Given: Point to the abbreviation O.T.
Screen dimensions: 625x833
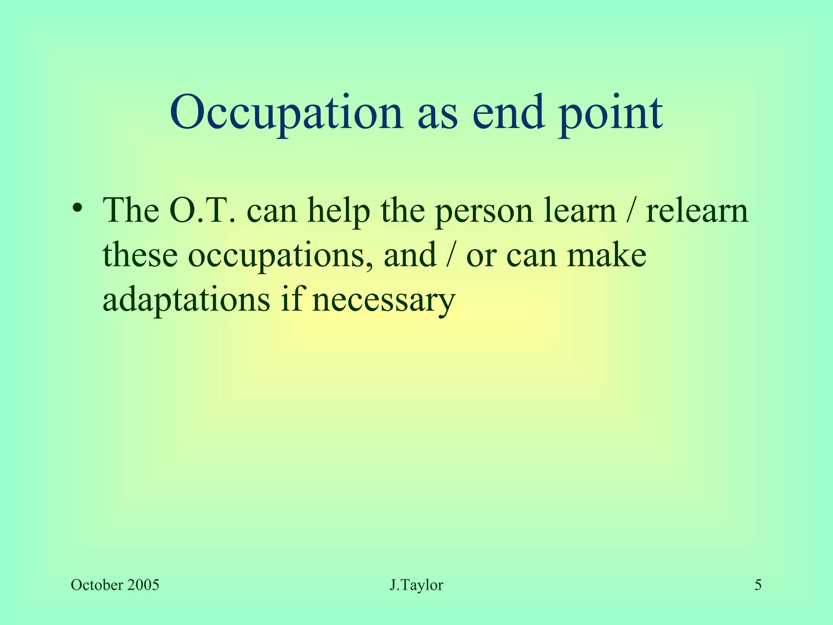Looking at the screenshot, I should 202,211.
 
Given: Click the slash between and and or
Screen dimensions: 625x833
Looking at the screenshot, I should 450,256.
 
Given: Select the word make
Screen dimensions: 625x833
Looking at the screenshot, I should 606,255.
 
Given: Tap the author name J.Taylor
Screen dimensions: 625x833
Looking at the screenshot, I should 416,586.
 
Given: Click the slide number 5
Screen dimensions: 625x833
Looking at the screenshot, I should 758,585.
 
